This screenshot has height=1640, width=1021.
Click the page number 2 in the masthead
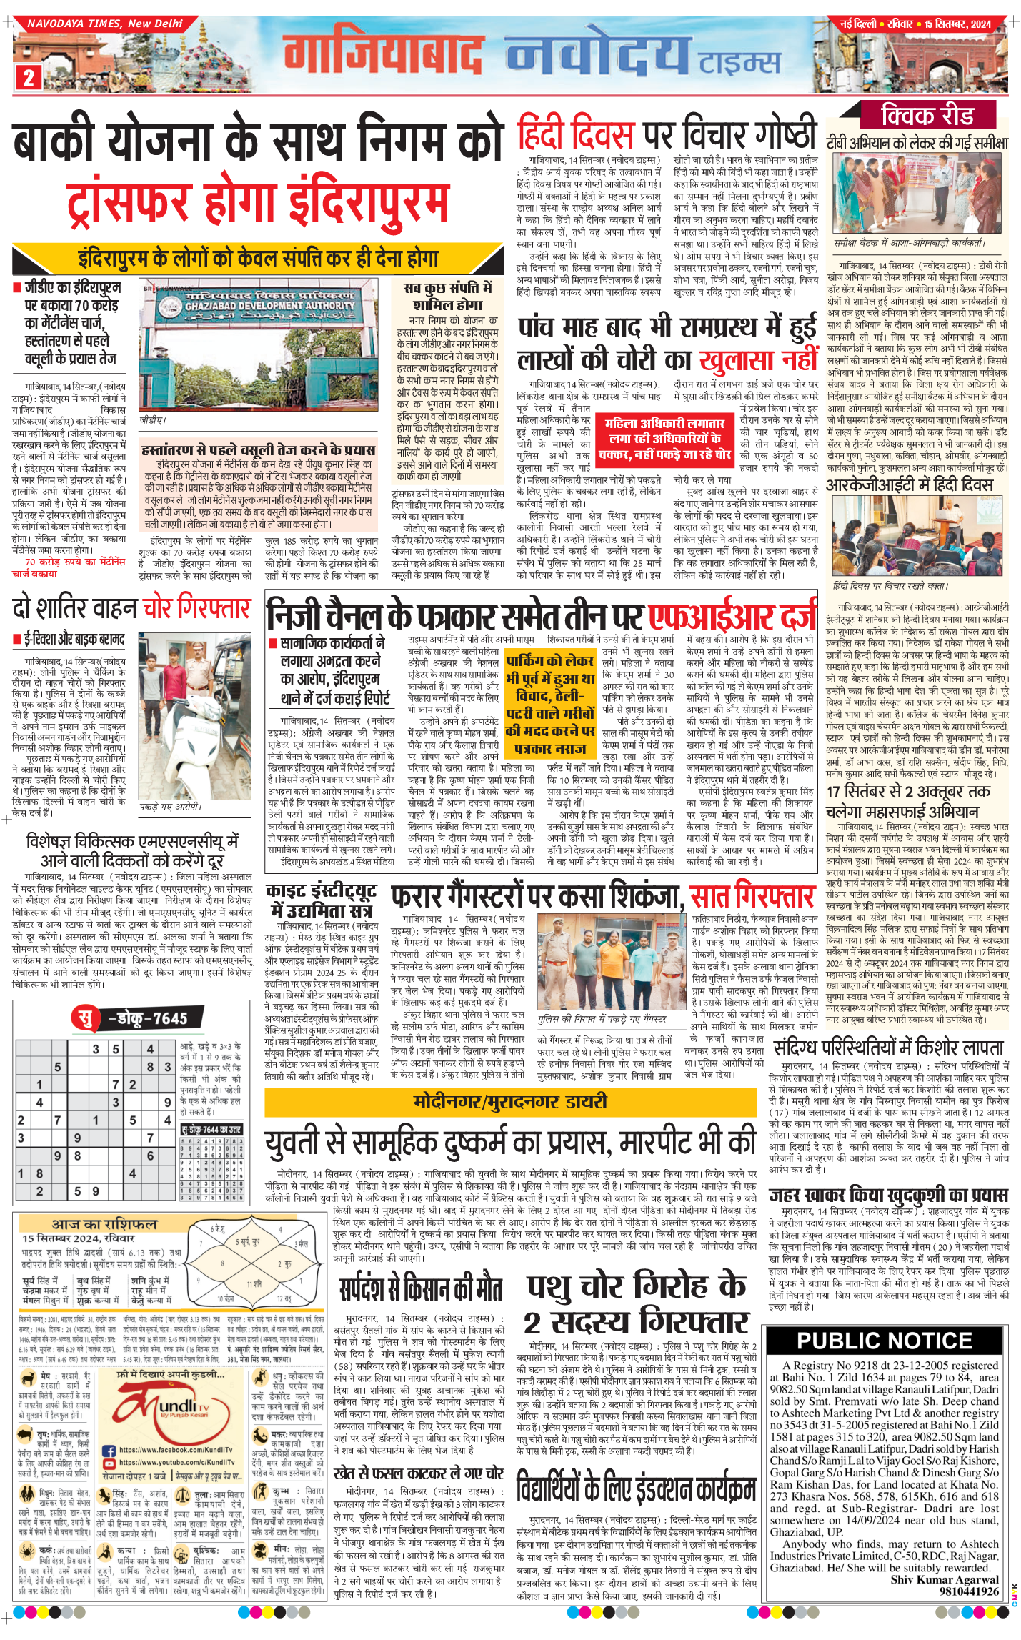29,76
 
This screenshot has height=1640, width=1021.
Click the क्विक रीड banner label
927,115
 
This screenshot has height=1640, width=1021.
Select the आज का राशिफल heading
104,1223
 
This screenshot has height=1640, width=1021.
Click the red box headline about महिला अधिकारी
664,438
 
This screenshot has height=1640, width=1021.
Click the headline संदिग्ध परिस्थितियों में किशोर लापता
889,1048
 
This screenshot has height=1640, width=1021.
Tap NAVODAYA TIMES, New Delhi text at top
105,24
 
